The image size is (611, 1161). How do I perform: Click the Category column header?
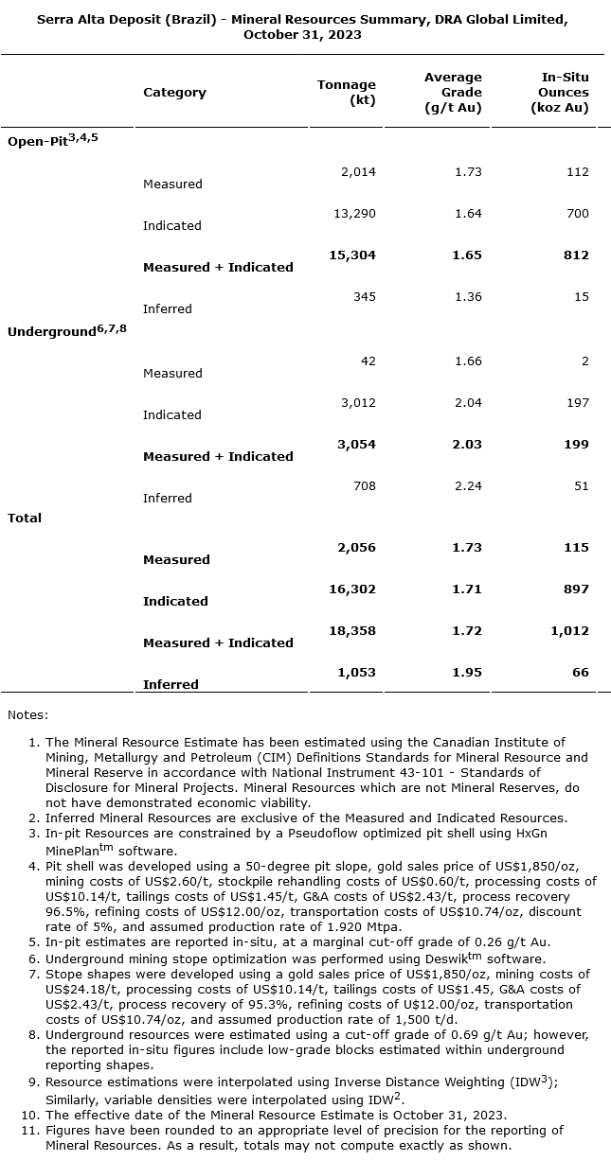pos(174,92)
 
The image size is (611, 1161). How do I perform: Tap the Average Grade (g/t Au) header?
pos(453,92)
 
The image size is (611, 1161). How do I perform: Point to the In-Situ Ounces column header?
pos(564,92)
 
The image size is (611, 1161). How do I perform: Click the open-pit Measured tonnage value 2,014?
pos(358,171)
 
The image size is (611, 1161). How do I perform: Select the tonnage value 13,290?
pos(354,213)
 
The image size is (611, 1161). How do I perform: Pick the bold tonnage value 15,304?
pos(354,255)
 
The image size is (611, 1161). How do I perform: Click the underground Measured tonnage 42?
pos(368,361)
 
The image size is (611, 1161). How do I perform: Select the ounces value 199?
pos(576,444)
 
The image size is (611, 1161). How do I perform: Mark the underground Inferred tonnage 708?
pos(364,485)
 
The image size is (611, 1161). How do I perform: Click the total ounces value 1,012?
pos(569,630)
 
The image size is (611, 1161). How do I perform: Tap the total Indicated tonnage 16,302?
pos(353,589)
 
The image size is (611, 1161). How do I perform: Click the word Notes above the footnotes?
pos(27,714)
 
